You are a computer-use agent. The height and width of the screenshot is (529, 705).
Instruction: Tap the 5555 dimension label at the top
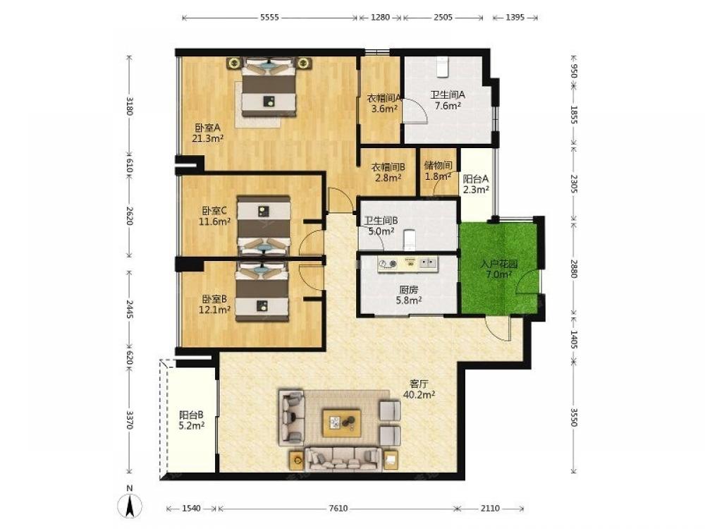[x=269, y=18]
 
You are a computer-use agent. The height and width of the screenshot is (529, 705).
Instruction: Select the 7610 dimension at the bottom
[x=338, y=509]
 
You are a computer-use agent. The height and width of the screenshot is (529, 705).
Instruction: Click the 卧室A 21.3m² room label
[x=208, y=133]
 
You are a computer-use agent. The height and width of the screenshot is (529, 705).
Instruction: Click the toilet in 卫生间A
[x=443, y=66]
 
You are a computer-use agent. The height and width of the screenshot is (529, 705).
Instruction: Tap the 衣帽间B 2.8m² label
[x=388, y=172]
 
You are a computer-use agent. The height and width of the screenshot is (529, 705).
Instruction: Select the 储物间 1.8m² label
[x=438, y=171]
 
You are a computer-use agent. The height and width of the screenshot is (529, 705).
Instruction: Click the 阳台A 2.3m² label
[x=476, y=184]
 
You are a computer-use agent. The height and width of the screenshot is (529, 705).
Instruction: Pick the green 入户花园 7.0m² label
[x=498, y=269]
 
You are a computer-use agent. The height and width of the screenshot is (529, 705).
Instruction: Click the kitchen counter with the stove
[x=407, y=264]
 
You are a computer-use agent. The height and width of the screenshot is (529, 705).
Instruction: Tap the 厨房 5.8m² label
[x=408, y=295]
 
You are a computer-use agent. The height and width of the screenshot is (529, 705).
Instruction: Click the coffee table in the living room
[x=342, y=422]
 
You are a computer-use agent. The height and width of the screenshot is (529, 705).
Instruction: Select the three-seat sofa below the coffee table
[x=343, y=459]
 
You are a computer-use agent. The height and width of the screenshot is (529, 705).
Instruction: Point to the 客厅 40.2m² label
[x=419, y=389]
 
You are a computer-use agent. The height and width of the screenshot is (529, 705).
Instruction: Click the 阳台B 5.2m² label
[x=192, y=420]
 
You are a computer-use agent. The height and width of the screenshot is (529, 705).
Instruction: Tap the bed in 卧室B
[x=262, y=293]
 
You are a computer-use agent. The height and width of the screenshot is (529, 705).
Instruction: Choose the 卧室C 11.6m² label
[x=214, y=216]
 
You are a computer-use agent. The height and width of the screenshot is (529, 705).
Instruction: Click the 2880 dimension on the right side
[x=573, y=269]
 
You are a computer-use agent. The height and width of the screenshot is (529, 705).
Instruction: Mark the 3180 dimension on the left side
[x=130, y=107]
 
